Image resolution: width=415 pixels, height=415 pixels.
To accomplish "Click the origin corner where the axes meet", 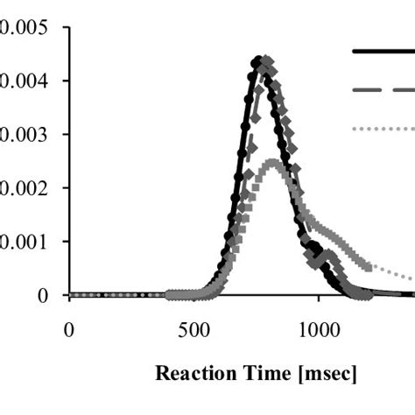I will coord(69,295).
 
